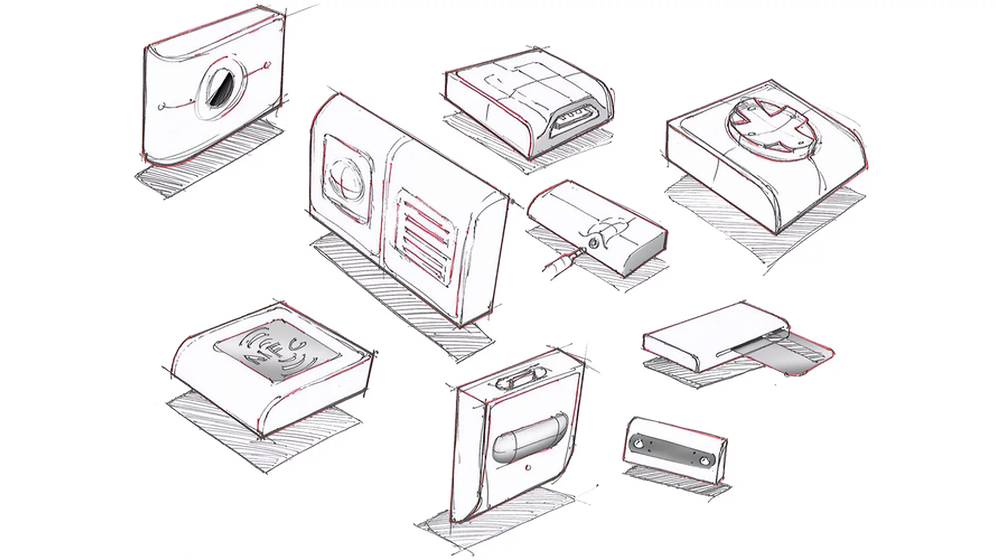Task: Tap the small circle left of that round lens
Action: tap(162, 107)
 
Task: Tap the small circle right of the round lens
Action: tap(267, 66)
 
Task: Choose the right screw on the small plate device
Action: tap(704, 460)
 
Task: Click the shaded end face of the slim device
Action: tap(646, 254)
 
